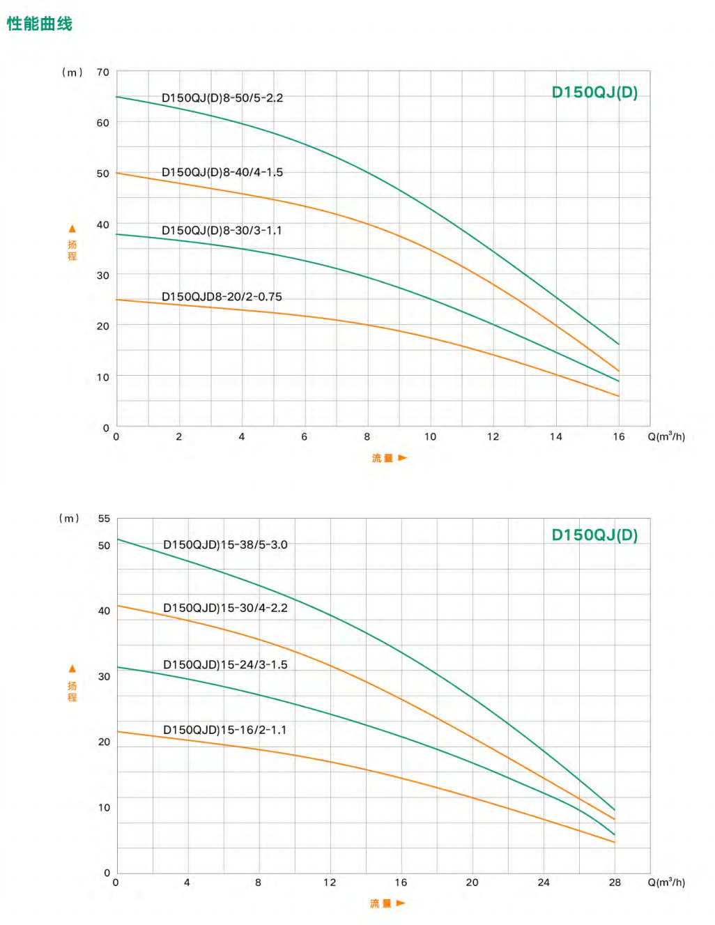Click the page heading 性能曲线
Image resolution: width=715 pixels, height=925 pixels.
tap(40, 24)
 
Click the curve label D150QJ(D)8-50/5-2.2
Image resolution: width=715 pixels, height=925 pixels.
tap(222, 98)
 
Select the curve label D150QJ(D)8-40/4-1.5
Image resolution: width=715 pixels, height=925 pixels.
tap(222, 172)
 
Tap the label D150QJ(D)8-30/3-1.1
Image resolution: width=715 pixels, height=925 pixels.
tap(222, 231)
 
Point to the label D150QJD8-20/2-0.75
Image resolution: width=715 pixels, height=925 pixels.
tap(222, 297)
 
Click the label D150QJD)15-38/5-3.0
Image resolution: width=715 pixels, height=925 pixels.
tap(225, 545)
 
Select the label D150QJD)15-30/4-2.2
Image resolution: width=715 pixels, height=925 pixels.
tap(225, 608)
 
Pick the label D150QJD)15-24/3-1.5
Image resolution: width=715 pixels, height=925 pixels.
tap(225, 665)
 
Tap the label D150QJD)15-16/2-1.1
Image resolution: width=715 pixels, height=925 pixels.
tap(224, 731)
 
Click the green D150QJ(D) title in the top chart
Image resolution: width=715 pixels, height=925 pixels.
tap(594, 93)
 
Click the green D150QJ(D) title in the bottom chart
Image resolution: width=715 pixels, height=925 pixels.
tap(594, 535)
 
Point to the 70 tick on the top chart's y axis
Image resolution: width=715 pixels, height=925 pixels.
tap(103, 72)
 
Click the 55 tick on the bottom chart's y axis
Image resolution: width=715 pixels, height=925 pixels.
tap(104, 519)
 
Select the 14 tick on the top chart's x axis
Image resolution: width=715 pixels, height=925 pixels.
tap(555, 437)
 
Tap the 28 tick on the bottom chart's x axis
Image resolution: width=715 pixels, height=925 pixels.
tap(615, 882)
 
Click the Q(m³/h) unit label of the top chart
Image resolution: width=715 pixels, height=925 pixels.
tap(666, 437)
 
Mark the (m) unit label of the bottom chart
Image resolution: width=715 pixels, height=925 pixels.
tap(70, 519)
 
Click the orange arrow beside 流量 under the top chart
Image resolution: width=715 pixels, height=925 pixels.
tap(402, 458)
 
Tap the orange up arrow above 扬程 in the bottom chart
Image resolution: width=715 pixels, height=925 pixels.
tap(72, 668)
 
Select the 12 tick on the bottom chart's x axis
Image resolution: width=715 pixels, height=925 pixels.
tap(330, 882)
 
